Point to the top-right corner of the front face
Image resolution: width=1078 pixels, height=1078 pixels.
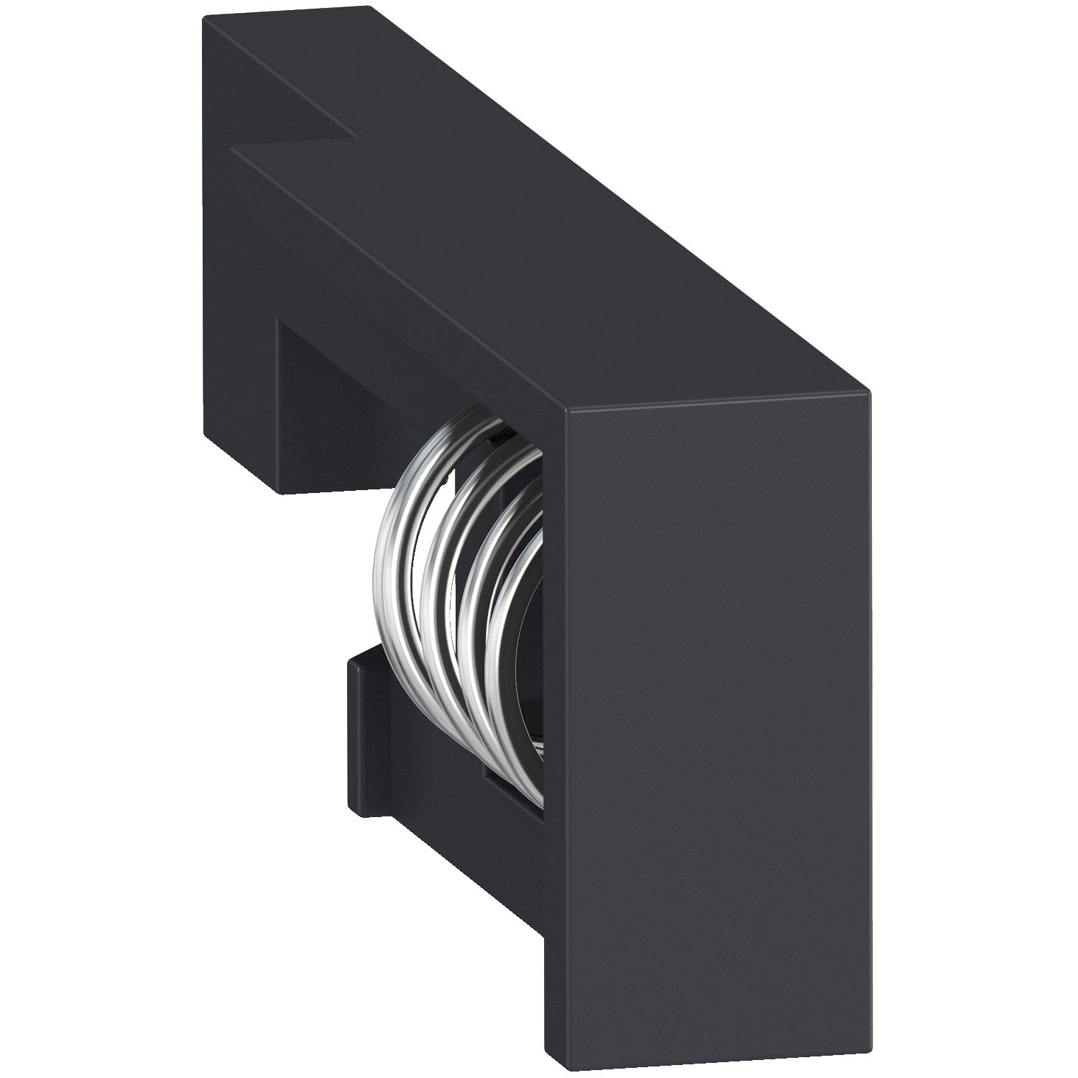click(x=870, y=392)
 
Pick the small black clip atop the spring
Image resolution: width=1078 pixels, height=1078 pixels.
click(x=503, y=434)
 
